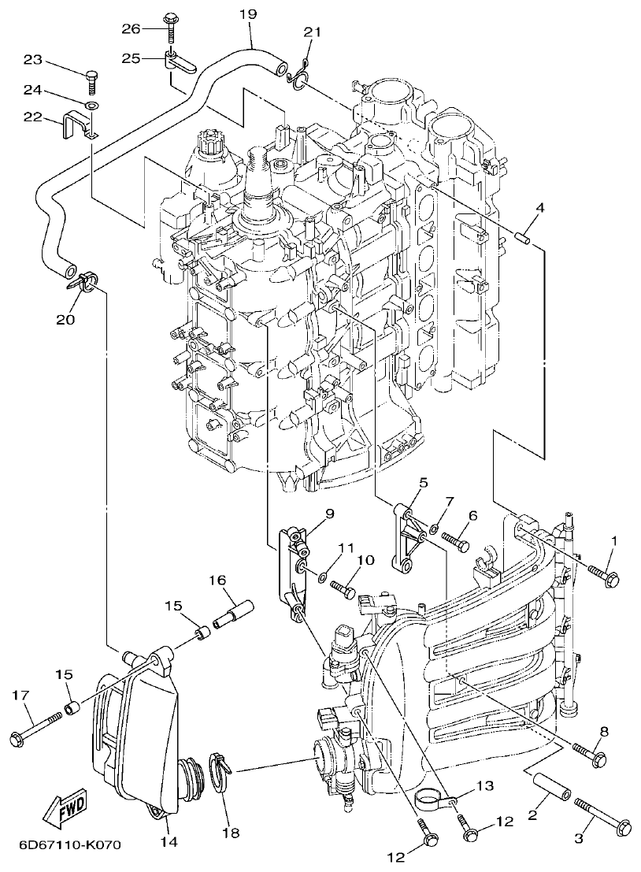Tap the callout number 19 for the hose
click(x=247, y=14)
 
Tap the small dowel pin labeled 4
click(x=524, y=236)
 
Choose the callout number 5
click(x=423, y=483)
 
